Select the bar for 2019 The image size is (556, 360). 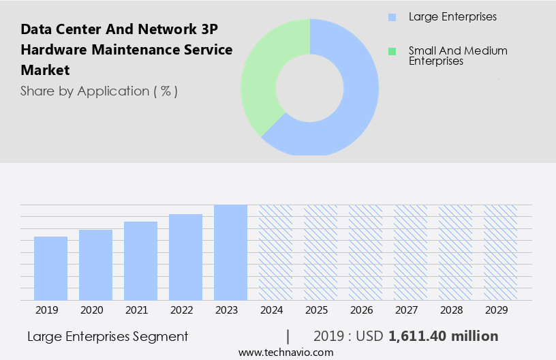tap(50, 268)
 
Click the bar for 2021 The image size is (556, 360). tap(140, 260)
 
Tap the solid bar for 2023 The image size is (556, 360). tap(230, 252)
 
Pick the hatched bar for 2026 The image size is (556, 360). tap(365, 252)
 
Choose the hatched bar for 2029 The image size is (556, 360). tap(500, 252)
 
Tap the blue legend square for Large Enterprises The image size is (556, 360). tap(392, 16)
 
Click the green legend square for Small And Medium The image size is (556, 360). tap(392, 51)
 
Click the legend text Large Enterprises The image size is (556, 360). tap(452, 16)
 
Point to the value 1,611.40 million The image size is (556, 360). tap(443, 336)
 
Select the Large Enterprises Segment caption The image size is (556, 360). tap(108, 336)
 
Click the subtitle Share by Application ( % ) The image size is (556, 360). tap(99, 91)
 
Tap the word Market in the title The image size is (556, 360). tap(45, 70)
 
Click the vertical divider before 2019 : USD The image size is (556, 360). tap(288, 336)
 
